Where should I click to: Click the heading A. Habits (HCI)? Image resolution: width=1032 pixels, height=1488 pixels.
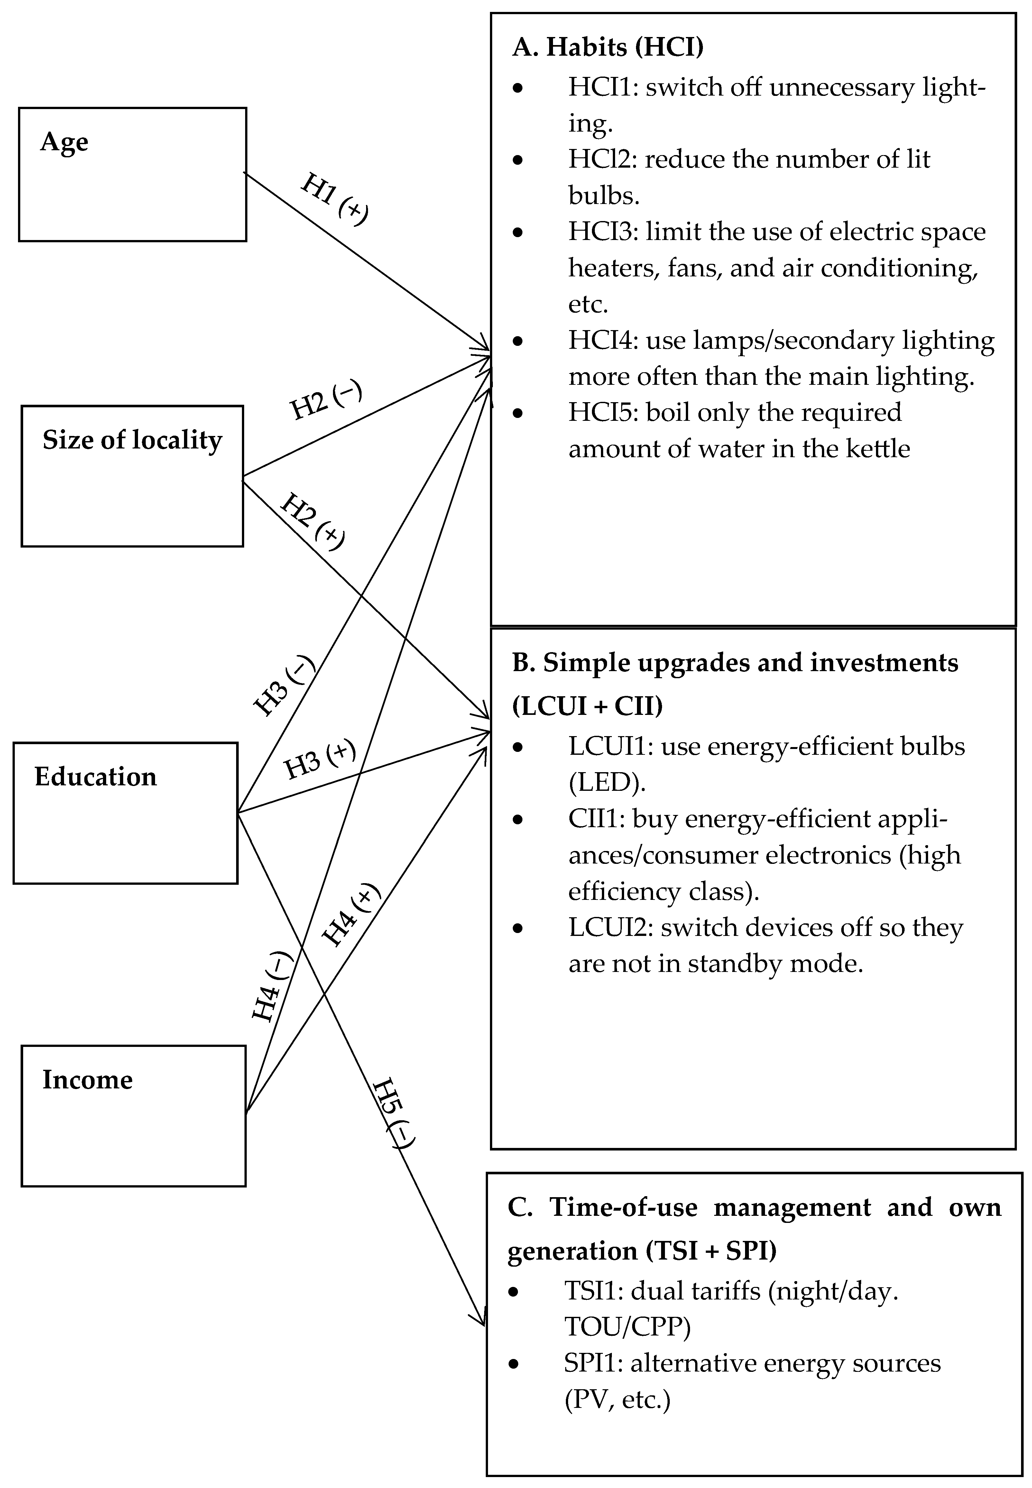pyautogui.click(x=608, y=47)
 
